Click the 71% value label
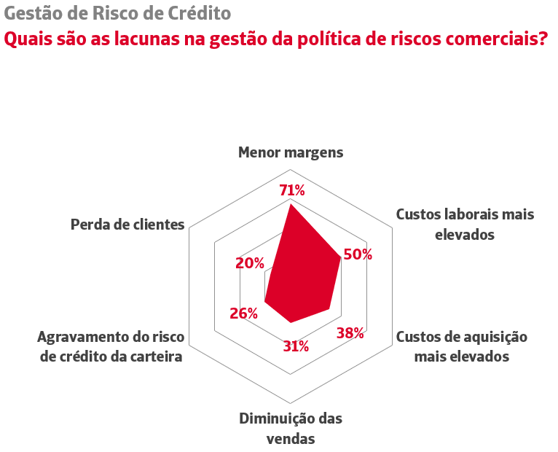(x=292, y=191)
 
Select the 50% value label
(x=358, y=254)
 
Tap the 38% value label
(x=350, y=333)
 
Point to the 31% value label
(x=296, y=346)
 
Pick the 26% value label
(x=243, y=313)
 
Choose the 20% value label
(x=250, y=263)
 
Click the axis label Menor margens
(x=291, y=152)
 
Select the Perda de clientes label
(x=127, y=224)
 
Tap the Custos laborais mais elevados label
(x=465, y=225)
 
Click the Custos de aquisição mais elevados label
(x=461, y=346)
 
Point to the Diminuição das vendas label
(x=291, y=429)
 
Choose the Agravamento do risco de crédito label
(x=111, y=347)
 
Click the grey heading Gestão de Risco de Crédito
(x=117, y=13)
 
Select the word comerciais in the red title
(x=489, y=38)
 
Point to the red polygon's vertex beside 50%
(x=341, y=258)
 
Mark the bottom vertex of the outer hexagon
(x=291, y=403)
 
